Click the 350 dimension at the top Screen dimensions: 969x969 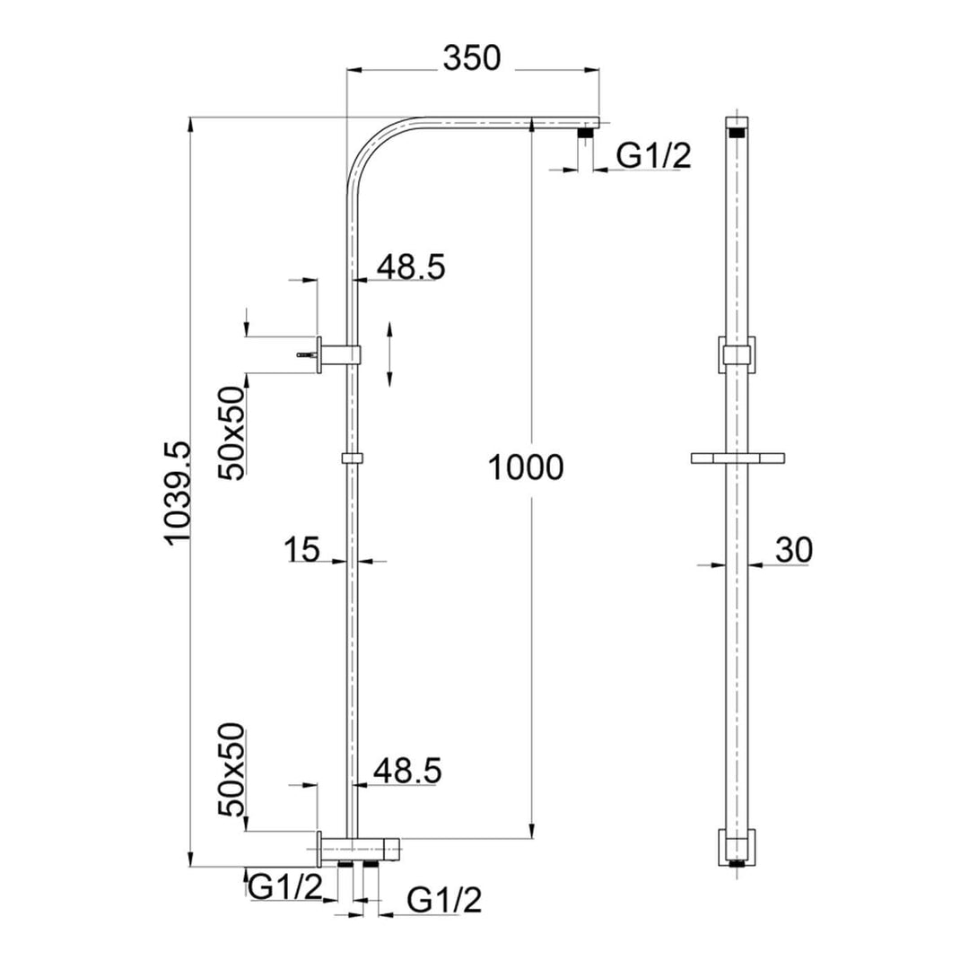(471, 59)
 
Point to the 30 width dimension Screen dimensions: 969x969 (793, 550)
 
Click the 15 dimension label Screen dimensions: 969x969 (302, 549)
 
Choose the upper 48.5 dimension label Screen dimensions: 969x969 (410, 267)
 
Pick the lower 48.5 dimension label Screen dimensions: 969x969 (408, 771)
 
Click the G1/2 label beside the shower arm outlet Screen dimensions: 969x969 (653, 156)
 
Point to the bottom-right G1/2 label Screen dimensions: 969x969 (444, 899)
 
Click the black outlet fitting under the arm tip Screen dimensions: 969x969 (586, 134)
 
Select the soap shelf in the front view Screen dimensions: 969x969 (738, 458)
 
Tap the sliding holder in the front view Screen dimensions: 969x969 (738, 354)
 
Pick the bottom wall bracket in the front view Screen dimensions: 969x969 (738, 847)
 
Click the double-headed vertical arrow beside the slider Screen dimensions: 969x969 (389, 354)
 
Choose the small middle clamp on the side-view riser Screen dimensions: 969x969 (353, 458)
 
